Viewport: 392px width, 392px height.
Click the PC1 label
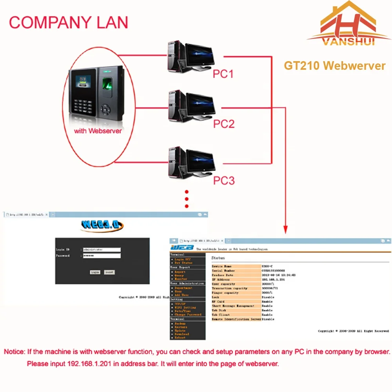[x=223, y=74]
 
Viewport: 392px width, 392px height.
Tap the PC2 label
[x=223, y=124]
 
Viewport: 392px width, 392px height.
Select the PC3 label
[x=223, y=180]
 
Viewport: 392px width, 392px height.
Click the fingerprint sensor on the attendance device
[x=107, y=83]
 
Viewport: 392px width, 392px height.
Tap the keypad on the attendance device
[x=82, y=105]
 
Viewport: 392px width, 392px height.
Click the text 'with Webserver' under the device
[x=98, y=131]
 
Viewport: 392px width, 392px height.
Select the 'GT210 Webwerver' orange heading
[x=334, y=66]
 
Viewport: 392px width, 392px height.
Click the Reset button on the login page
[x=109, y=272]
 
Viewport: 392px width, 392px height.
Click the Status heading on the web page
[x=218, y=258]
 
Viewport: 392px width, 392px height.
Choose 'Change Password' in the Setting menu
[x=188, y=315]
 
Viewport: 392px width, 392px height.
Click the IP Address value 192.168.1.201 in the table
[x=273, y=279]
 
